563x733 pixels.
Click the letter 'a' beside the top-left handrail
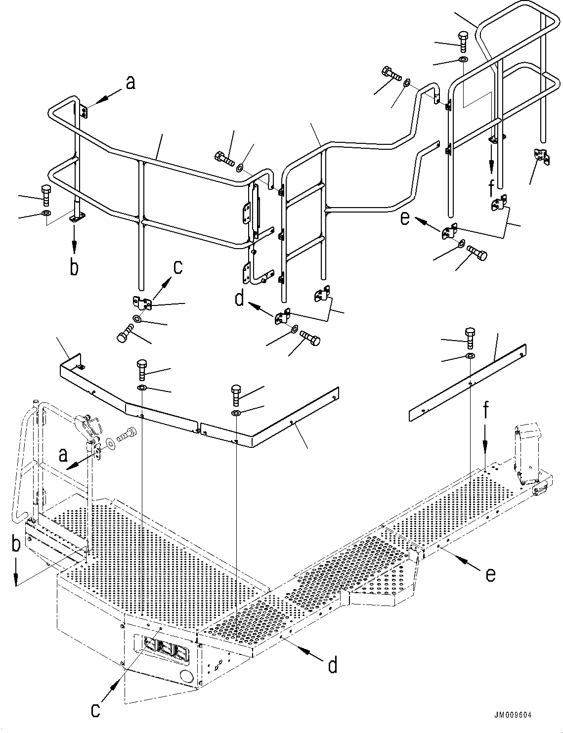coord(130,84)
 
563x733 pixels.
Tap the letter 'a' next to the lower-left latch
coord(62,454)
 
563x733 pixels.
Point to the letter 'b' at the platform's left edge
coord(16,545)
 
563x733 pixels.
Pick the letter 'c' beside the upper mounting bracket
coord(177,267)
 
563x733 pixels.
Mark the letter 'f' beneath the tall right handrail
coord(491,189)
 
